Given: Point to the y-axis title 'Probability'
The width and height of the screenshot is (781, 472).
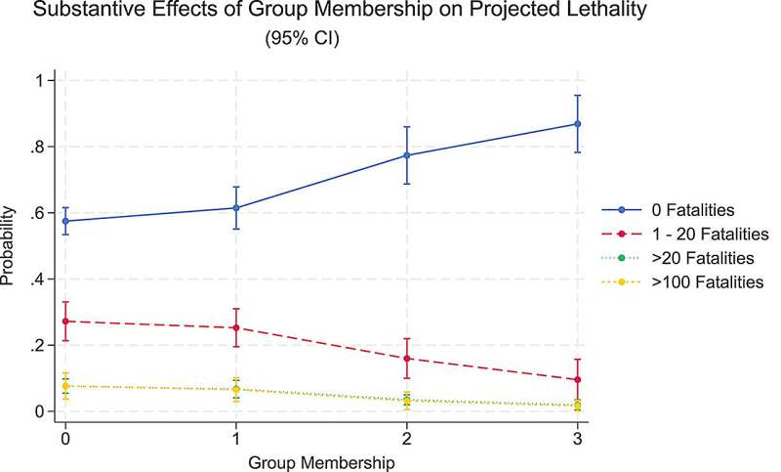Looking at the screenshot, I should pyautogui.click(x=10, y=245).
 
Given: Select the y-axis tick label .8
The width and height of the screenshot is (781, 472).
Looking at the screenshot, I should pyautogui.click(x=37, y=147).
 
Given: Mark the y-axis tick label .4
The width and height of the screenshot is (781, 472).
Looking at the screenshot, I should pyautogui.click(x=37, y=279).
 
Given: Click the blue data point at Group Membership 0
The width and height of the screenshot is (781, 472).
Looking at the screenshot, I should pyautogui.click(x=65, y=221).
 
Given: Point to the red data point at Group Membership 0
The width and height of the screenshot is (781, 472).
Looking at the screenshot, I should pyautogui.click(x=65, y=322).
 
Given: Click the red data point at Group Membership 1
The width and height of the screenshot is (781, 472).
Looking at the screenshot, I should pyautogui.click(x=236, y=328).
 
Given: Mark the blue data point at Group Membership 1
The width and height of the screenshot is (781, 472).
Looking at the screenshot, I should pyautogui.click(x=236, y=208).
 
